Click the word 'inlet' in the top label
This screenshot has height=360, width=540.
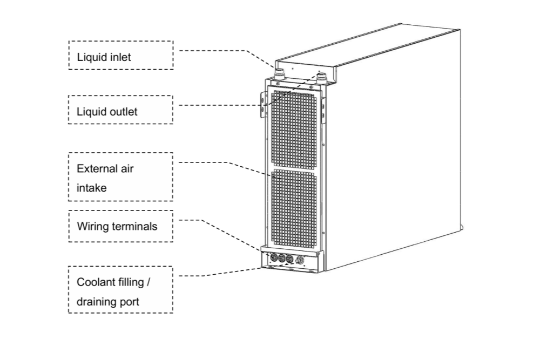119,57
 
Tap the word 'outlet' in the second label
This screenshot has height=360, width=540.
122,112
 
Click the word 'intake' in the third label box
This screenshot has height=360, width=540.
91,188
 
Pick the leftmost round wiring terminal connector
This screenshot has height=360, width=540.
273,259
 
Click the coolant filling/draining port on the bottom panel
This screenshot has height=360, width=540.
301,261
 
